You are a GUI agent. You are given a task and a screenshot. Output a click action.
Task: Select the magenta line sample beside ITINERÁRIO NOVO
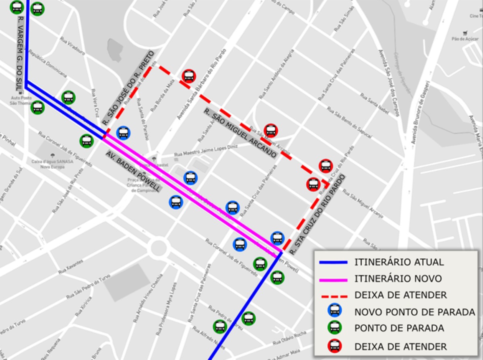point(333,279)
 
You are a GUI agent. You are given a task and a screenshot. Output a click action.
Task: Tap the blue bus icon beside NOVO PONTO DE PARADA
point(334,311)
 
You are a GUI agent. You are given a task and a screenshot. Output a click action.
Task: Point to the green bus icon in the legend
point(334,327)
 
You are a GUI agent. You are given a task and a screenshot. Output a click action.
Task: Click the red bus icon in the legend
point(334,346)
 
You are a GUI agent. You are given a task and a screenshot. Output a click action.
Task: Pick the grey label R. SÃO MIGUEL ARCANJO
point(240,133)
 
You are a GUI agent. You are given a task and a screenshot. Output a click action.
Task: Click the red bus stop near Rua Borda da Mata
point(188,76)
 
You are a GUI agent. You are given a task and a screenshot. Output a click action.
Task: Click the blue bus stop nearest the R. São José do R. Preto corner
point(123,132)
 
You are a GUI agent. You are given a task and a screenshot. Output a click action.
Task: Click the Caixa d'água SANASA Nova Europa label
point(52,161)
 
